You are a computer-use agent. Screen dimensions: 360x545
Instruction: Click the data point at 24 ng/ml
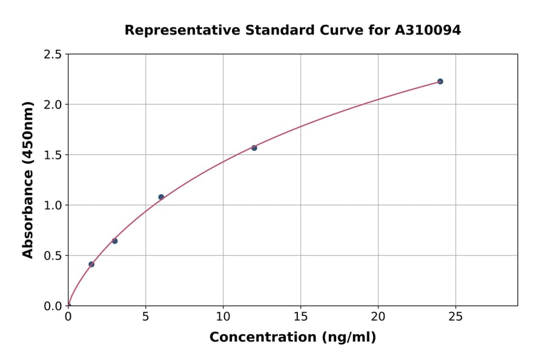[440, 81]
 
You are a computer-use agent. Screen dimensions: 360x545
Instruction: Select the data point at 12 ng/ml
[254, 148]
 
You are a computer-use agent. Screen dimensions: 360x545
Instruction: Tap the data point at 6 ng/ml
[161, 197]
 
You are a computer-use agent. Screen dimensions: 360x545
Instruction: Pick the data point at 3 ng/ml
[114, 241]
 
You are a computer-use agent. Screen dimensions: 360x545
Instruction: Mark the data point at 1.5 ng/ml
[91, 264]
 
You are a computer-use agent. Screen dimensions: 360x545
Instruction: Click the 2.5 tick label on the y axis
[53, 55]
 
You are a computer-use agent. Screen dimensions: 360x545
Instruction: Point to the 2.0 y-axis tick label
[53, 105]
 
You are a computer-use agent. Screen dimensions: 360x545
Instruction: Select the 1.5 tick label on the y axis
[53, 155]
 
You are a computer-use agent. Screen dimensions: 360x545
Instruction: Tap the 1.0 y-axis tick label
[53, 205]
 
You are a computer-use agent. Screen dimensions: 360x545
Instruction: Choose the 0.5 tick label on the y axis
[53, 256]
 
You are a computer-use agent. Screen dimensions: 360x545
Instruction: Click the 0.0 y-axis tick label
[53, 306]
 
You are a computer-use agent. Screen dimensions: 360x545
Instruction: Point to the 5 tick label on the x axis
[145, 316]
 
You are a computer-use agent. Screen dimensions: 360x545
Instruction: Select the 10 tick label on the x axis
[223, 316]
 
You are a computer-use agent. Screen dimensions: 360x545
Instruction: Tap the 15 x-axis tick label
[300, 316]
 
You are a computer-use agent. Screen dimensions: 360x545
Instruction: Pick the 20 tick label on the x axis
[378, 316]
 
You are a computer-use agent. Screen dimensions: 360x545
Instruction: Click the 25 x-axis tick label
[455, 316]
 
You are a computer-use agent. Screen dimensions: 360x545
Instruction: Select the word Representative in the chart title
[174, 30]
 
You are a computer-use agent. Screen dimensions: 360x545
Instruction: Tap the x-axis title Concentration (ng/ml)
[292, 338]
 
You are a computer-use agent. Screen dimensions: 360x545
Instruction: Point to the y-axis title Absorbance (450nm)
[28, 179]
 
